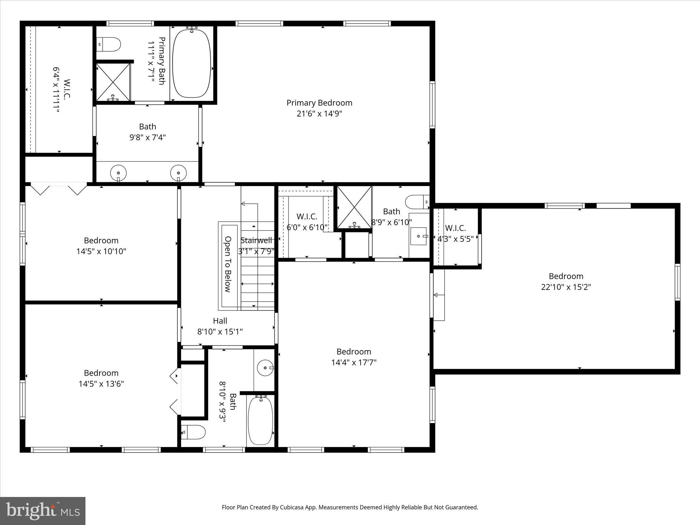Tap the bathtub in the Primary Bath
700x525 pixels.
(x=191, y=64)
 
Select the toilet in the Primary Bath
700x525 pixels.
(x=109, y=44)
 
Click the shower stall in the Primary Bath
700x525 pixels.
(x=113, y=82)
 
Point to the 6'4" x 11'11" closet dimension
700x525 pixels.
(x=56, y=90)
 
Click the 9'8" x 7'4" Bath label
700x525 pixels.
(x=147, y=132)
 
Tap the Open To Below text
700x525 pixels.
(x=228, y=264)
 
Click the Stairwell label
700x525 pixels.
(x=256, y=240)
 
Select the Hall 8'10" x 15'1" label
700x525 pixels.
(x=220, y=326)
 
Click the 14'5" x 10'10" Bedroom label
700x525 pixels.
(x=101, y=246)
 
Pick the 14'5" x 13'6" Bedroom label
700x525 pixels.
(x=101, y=378)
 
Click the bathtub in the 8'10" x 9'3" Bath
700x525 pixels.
(x=260, y=420)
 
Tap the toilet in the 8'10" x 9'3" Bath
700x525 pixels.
(x=193, y=432)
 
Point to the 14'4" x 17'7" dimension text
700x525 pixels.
(x=354, y=362)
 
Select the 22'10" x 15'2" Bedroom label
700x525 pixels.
(x=566, y=281)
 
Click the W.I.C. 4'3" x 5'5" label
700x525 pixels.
(x=456, y=233)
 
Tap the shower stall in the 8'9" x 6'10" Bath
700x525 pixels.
(x=354, y=207)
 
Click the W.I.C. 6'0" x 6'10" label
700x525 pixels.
(x=307, y=222)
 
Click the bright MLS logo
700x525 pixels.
(x=43, y=511)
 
